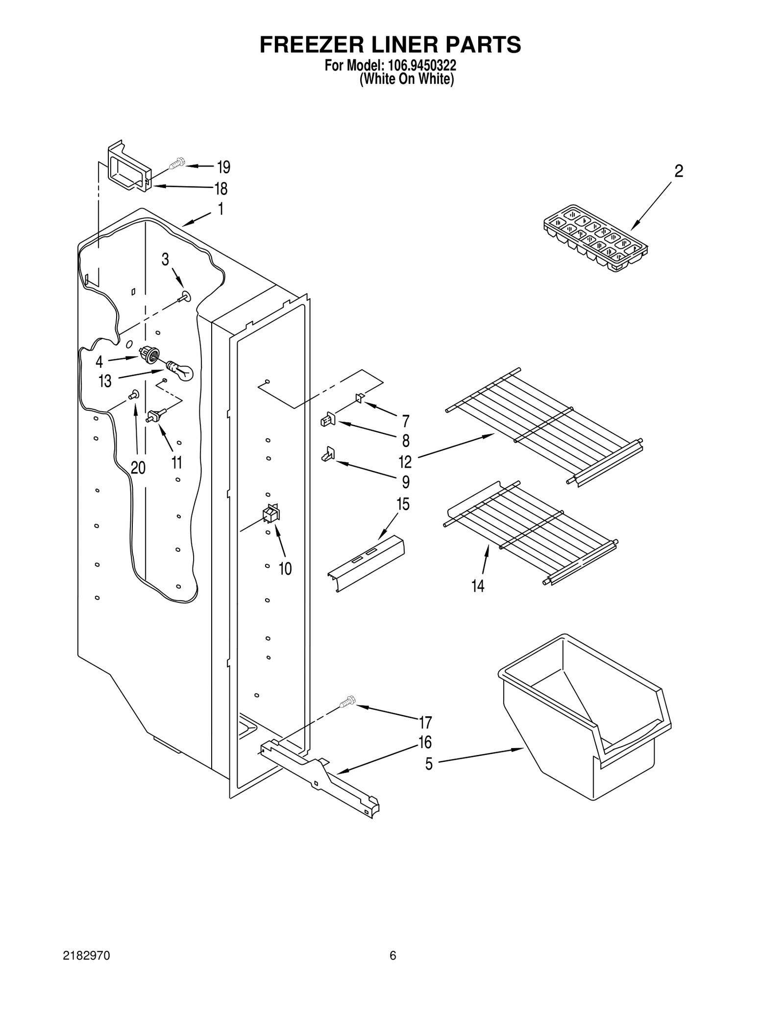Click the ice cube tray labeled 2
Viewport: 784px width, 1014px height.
tap(595, 237)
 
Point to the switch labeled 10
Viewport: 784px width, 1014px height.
tap(271, 515)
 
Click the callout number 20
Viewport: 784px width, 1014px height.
tap(138, 468)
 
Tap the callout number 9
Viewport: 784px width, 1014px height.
tap(405, 482)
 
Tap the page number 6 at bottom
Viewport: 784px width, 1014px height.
tap(392, 955)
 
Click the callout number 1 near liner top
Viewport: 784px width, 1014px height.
tap(220, 209)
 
